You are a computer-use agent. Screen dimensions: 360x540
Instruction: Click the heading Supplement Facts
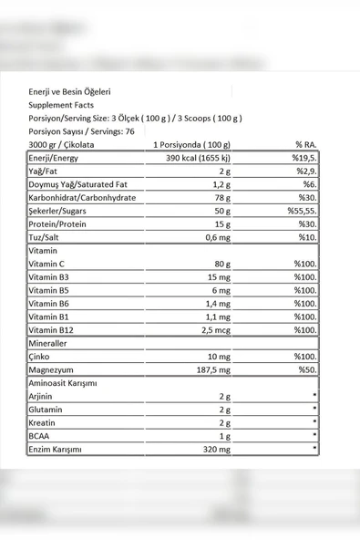61,105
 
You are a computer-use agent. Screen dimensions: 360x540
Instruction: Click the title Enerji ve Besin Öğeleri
70,92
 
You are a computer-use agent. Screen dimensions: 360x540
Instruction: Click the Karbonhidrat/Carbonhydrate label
82,197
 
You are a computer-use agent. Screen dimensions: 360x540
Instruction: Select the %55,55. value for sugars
297,210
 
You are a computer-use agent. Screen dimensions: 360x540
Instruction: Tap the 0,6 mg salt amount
217,237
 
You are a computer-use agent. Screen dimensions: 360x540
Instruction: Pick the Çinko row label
42,356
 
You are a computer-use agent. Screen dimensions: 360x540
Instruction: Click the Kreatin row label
46,422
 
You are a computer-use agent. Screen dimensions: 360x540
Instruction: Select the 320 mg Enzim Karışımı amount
214,449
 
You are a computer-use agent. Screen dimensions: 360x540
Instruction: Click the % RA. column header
304,144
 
